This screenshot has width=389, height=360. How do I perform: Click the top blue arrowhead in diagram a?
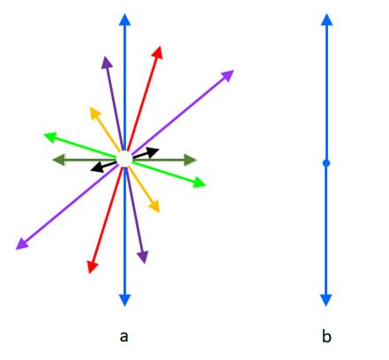click(124, 19)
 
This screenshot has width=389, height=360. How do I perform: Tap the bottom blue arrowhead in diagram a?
click(124, 300)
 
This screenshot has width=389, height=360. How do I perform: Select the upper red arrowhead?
click(158, 52)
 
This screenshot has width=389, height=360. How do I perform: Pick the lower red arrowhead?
click(93, 267)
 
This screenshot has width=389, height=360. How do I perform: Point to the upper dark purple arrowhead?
click(107, 63)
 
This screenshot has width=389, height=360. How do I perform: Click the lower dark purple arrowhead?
click(143, 258)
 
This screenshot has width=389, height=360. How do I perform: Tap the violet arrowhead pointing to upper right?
click(228, 75)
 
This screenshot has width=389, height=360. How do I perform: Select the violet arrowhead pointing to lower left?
click(21, 244)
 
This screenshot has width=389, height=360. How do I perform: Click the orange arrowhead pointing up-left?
click(94, 113)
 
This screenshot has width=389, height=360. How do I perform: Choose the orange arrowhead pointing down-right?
click(154, 206)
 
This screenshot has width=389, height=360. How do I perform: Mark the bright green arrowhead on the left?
click(49, 137)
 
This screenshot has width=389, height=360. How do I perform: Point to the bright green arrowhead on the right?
click(199, 183)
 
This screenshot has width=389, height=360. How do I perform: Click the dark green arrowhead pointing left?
click(58, 160)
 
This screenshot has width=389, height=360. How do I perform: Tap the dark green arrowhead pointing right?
click(191, 160)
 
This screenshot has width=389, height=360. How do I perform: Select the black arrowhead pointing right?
click(153, 153)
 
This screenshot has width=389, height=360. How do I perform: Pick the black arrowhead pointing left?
click(97, 168)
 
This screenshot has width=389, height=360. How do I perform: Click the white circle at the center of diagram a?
click(124, 159)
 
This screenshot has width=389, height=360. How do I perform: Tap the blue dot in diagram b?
click(326, 163)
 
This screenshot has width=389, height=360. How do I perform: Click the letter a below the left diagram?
click(124, 336)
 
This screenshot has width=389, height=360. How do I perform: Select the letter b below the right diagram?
click(326, 336)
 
